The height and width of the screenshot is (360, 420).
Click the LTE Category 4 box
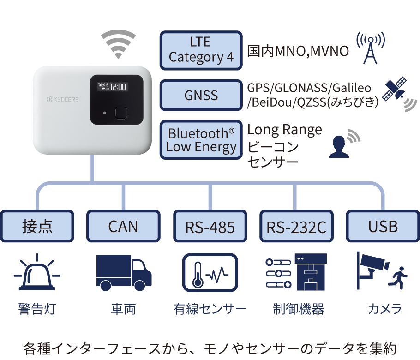201,50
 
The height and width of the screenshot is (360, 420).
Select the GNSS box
201,96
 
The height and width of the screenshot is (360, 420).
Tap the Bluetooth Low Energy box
201,140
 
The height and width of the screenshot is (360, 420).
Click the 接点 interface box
37,226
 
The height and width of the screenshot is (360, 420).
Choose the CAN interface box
123,226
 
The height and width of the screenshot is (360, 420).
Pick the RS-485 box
210,227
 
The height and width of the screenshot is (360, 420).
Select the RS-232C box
296,227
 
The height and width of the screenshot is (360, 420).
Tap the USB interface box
383,226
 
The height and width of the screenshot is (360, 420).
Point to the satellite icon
396,90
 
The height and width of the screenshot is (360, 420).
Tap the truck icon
124,272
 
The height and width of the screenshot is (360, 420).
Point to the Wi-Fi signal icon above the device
119,44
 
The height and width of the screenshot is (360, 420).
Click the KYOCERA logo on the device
63,99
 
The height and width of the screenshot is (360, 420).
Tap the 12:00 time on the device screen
119,87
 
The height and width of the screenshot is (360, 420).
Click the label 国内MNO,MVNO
298,51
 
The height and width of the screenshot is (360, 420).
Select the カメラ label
384,309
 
